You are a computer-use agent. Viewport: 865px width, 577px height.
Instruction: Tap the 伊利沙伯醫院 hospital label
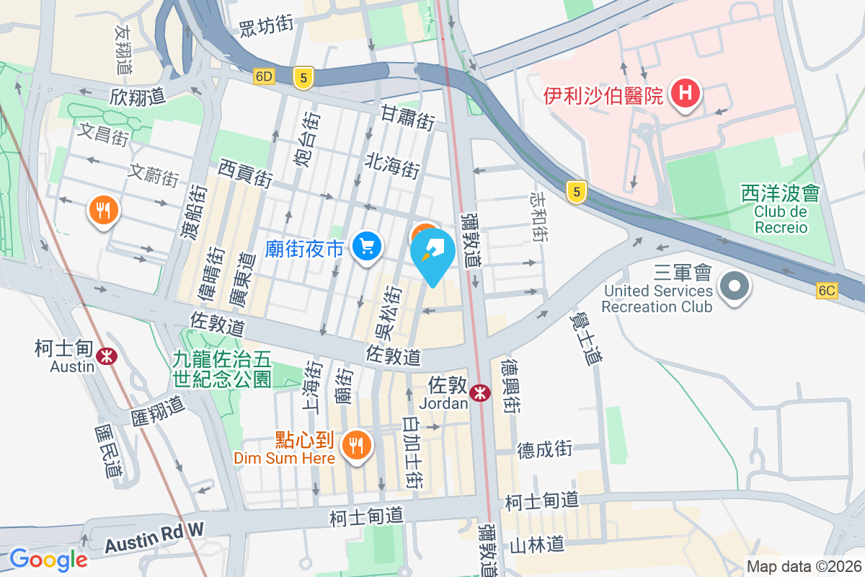603,94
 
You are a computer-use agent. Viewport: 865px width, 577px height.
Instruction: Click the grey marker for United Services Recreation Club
734,287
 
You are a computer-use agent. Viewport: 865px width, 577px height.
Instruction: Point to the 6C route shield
828,291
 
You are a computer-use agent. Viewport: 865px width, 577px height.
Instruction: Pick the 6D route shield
264,76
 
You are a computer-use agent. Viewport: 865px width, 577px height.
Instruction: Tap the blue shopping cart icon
367,248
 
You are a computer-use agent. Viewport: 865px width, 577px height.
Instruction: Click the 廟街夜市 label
304,249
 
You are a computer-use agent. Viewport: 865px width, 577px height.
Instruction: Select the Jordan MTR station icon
478,393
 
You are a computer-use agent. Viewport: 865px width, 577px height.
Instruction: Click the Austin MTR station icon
107,356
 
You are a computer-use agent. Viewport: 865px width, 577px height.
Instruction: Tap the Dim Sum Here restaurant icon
355,444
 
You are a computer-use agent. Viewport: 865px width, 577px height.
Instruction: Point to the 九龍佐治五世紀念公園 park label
221,368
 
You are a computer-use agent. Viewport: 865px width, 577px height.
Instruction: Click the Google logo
48,559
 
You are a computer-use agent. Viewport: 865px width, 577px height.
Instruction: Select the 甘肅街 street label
407,115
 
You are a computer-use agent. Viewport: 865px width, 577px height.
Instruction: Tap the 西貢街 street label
245,174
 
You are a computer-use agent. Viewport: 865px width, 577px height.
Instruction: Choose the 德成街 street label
544,449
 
